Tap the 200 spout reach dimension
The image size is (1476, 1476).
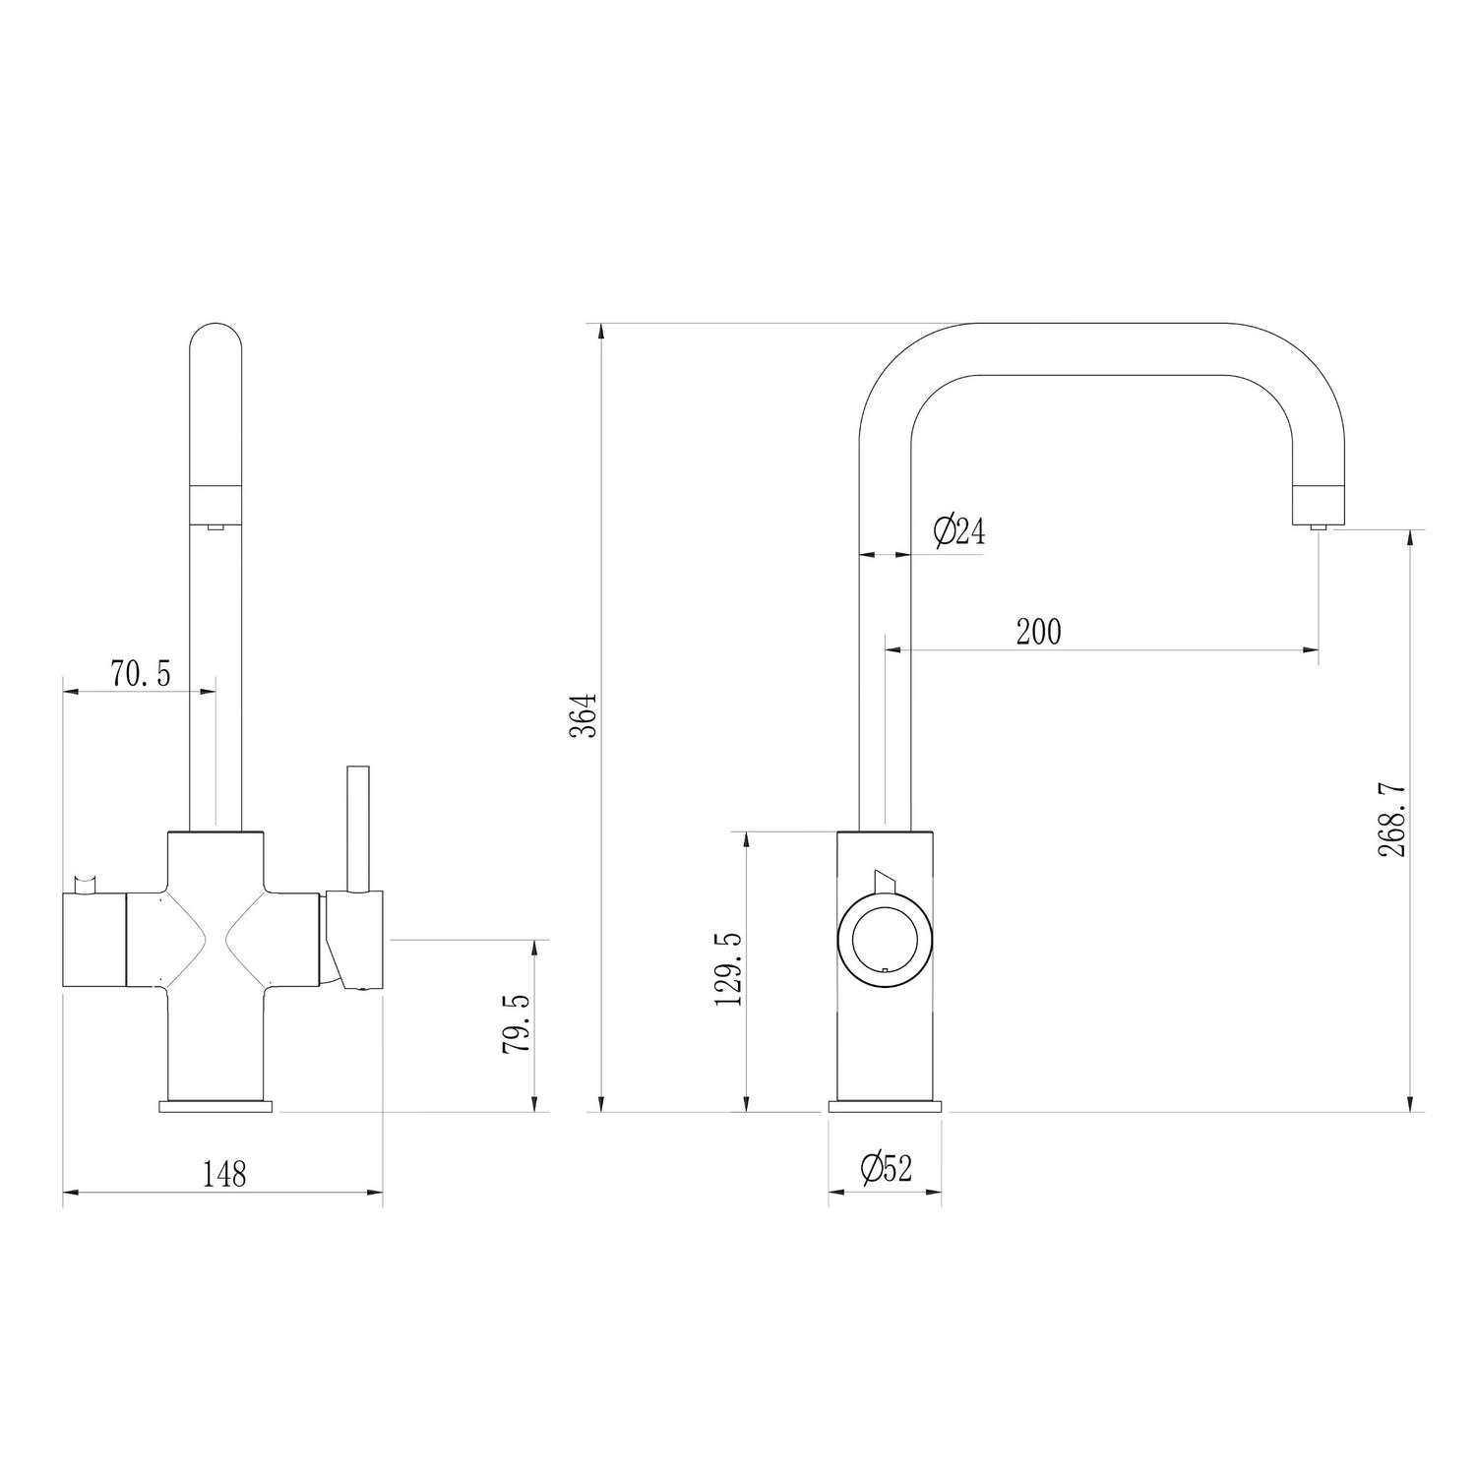[x=1039, y=632]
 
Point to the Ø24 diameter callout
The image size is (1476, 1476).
[x=958, y=532]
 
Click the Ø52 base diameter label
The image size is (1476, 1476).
[x=886, y=1169]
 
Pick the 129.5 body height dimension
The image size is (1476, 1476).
[x=729, y=969]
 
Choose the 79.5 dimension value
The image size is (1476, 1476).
[x=516, y=1023]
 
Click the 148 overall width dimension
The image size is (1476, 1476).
[x=224, y=1173]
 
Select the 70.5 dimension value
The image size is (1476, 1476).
[x=141, y=674]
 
